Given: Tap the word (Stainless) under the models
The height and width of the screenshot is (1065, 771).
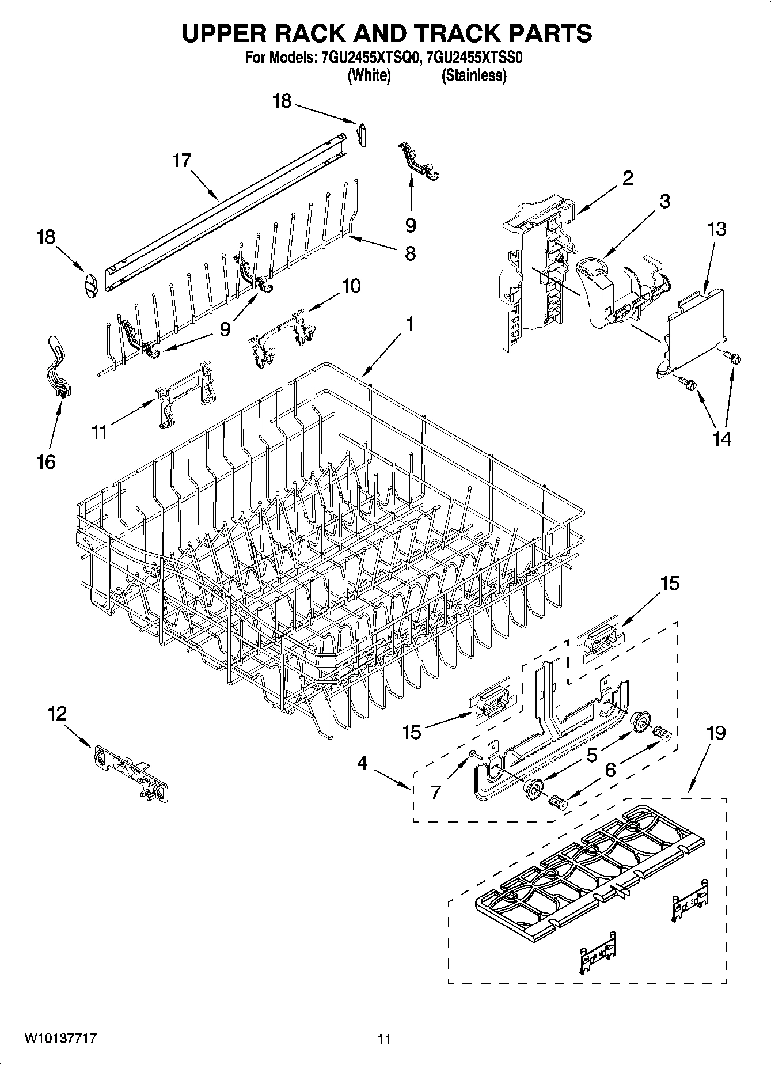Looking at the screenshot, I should pos(474,75).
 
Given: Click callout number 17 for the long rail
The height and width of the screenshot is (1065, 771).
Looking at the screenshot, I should pos(182,160).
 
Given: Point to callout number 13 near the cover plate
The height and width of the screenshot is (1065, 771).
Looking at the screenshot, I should pos(717,229).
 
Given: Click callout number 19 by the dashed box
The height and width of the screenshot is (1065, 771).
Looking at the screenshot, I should pos(716,733).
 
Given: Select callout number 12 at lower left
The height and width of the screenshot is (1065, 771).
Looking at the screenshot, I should pos(57,714).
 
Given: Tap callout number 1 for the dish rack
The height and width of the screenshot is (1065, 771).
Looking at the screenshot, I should pos(409,324).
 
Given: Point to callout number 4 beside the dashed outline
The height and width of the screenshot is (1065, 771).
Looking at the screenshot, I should pos(362,763).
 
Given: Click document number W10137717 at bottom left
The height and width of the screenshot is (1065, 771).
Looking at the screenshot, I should pos(60,1039).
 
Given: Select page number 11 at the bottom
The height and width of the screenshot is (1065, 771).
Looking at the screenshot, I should pos(384,1039).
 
